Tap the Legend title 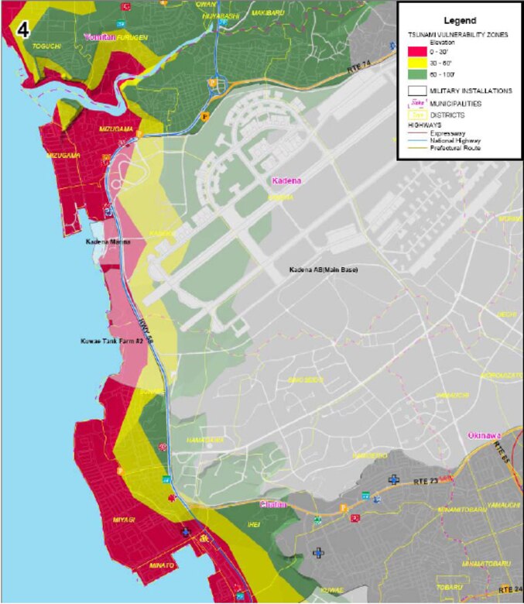[x=461, y=20]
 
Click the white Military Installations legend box [x=415, y=91]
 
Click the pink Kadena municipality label [x=285, y=180]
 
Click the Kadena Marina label [x=107, y=242]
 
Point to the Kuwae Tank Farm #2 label [x=107, y=341]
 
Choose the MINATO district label [x=161, y=566]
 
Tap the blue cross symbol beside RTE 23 [x=394, y=481]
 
